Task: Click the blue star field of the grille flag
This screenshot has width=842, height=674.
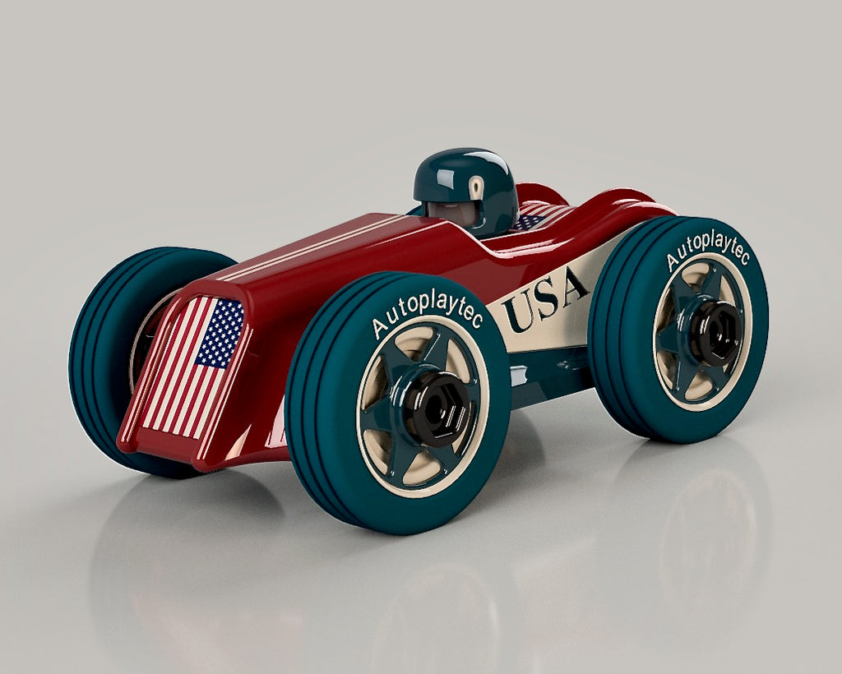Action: tap(220, 332)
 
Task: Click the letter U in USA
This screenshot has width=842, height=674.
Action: tap(519, 312)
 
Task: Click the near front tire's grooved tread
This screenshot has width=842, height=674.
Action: tap(317, 411)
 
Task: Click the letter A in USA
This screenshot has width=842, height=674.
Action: tap(572, 286)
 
